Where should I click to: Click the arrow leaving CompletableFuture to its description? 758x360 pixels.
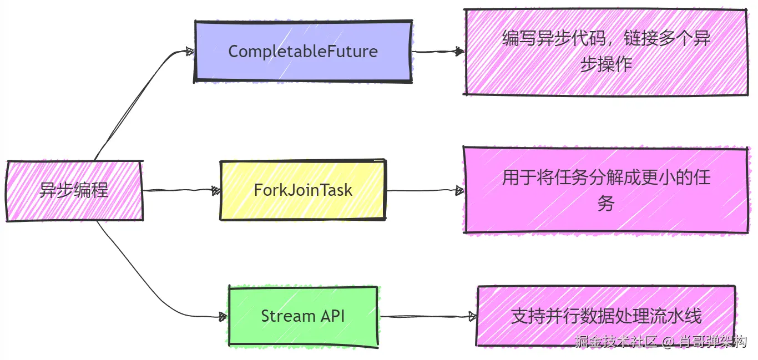[438, 52]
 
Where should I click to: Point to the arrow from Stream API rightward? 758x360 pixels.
[427, 317]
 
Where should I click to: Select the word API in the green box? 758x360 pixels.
[332, 316]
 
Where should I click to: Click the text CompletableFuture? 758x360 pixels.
[303, 52]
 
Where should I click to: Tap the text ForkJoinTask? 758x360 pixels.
[303, 190]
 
